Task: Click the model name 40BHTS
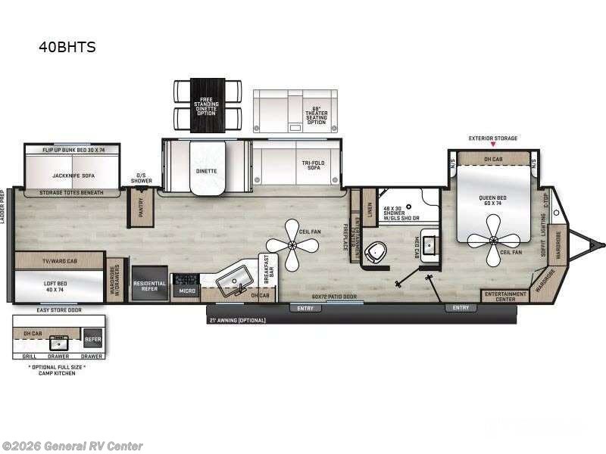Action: [67, 47]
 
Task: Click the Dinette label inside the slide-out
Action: [206, 171]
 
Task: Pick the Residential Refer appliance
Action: [150, 285]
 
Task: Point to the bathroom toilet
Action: [375, 252]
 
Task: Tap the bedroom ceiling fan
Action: [492, 240]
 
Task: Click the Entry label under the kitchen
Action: [305, 308]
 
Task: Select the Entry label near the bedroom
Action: [461, 308]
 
